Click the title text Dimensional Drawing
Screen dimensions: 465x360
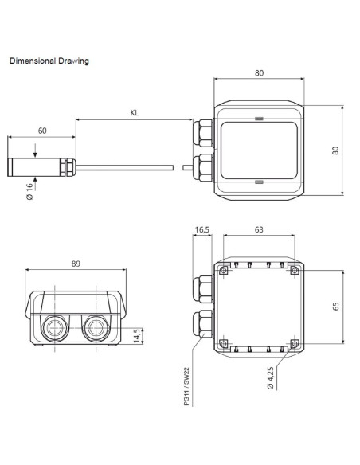49,61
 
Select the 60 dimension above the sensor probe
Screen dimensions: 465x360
42,131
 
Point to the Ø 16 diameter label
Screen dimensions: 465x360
29,192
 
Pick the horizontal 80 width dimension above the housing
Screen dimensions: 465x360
260,72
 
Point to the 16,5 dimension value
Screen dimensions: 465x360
202,230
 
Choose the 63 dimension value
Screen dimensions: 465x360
260,230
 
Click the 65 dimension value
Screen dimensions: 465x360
335,307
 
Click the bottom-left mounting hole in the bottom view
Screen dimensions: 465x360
224,343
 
